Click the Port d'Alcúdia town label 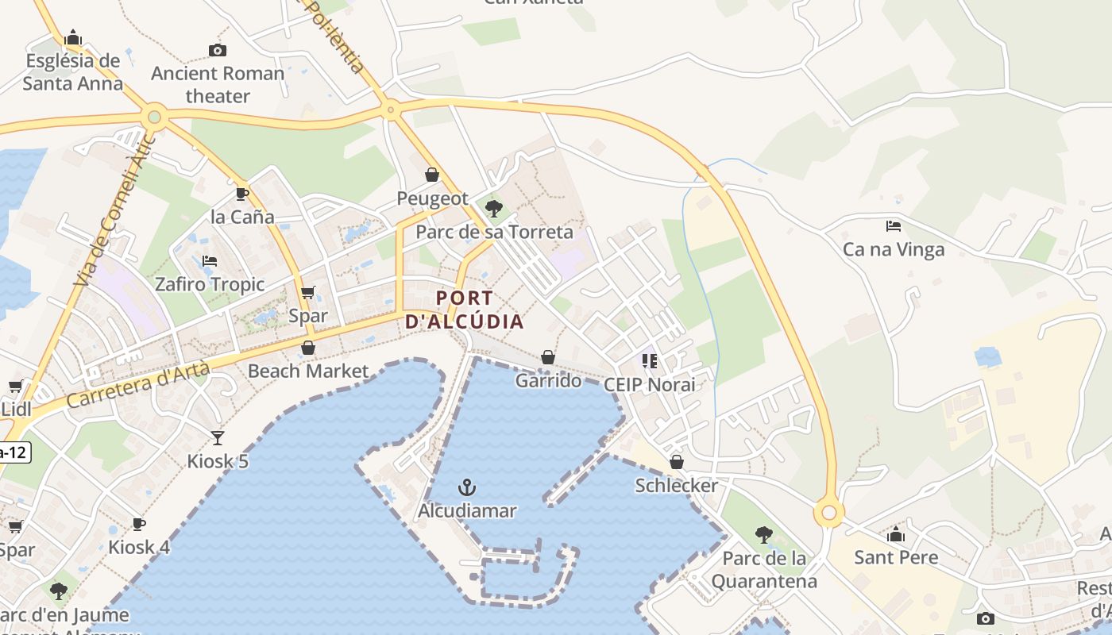[x=465, y=310]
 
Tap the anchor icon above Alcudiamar [x=468, y=487]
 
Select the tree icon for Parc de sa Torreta [x=494, y=209]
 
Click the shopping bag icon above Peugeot [x=432, y=175]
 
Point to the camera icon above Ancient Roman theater [x=218, y=50]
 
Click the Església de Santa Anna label [x=73, y=71]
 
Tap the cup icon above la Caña [x=242, y=194]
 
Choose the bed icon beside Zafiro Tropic [x=210, y=260]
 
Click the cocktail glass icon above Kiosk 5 [x=218, y=437]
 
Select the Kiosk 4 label [x=139, y=547]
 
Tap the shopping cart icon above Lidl [x=15, y=387]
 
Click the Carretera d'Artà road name [x=138, y=384]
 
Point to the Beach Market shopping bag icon [x=308, y=348]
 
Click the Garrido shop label [x=548, y=381]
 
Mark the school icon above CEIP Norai [x=650, y=361]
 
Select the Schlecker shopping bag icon [x=677, y=462]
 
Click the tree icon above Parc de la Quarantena [x=764, y=534]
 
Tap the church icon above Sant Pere [x=896, y=534]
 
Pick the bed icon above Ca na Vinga [x=894, y=226]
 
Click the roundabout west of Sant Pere [x=829, y=513]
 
